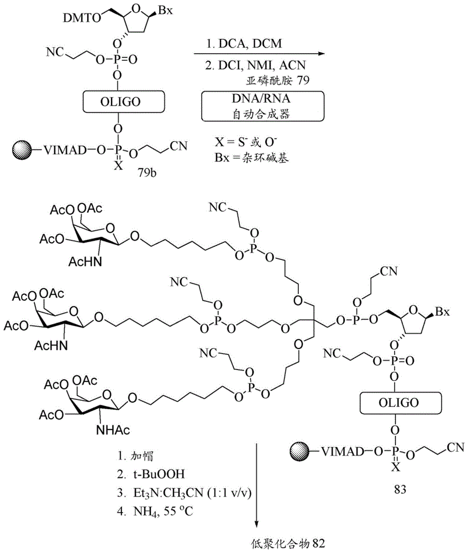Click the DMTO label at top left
82,18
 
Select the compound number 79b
148,173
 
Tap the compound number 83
400,489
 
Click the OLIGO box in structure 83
401,403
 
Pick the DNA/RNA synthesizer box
262,106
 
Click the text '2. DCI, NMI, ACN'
255,65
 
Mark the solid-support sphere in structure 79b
22,150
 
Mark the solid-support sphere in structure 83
299,451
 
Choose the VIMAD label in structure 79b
65,150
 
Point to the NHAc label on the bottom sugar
113,430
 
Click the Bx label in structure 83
443,312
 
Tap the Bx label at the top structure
165,11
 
